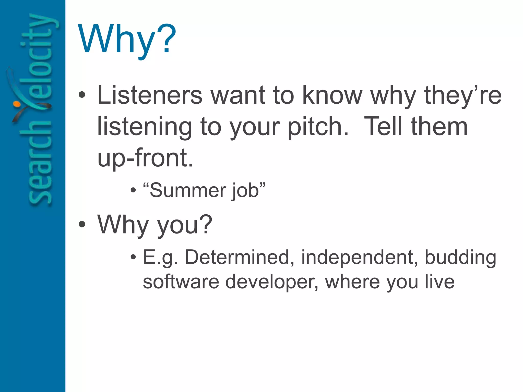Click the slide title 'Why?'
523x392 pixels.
[127, 40]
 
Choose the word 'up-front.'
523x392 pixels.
[145, 158]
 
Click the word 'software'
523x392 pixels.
[181, 282]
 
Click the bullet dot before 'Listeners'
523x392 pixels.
[82, 95]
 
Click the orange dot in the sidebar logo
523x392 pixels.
[16, 104]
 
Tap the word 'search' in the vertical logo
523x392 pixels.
[40, 163]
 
